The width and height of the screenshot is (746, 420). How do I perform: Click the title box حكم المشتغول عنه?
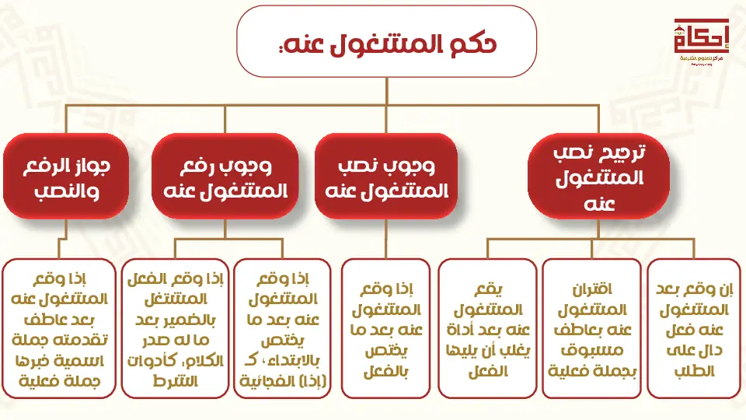386,41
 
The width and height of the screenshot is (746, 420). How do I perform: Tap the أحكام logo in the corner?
701,41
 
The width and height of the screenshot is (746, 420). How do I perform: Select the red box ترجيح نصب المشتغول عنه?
598,177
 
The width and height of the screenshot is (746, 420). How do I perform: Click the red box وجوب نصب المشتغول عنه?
386,177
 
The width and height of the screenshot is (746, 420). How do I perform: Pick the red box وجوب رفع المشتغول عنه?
225,177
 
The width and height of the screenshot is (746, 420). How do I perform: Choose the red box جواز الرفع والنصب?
66,177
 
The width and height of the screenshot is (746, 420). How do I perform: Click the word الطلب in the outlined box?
694,371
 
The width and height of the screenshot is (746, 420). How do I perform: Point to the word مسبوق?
592,350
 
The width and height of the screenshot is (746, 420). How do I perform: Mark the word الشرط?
175,381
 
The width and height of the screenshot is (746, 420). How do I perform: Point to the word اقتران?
592,289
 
